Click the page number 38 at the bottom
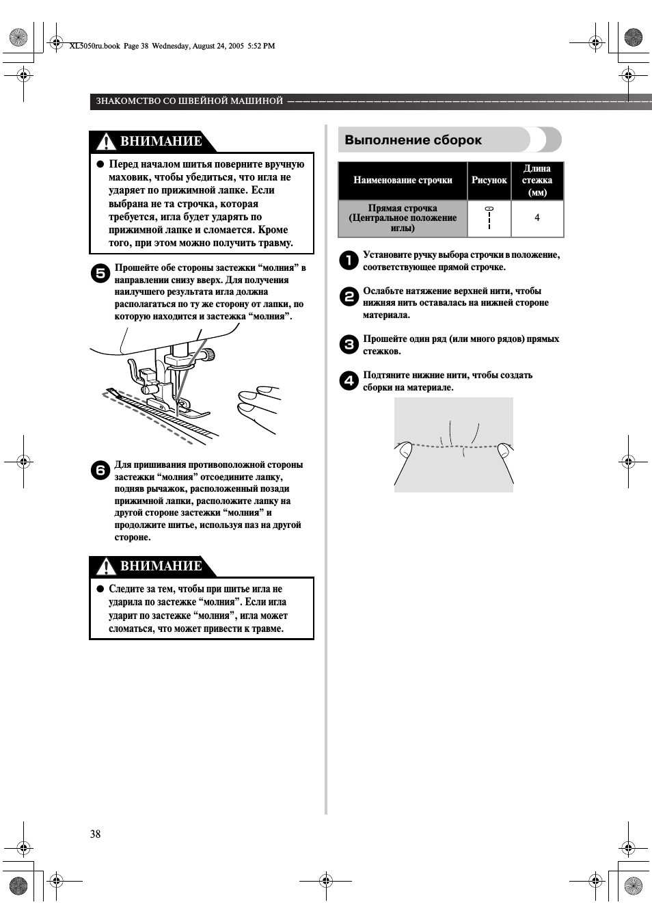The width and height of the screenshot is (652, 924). pos(95,834)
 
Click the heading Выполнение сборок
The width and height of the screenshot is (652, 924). pos(413,140)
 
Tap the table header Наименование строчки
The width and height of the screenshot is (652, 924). pos(403,181)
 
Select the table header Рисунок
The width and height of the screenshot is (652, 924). pos(489,181)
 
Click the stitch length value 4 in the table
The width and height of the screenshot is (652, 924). pos(537,218)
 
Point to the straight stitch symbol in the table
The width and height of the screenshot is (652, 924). pos(489,217)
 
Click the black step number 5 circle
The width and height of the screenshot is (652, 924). pos(100,273)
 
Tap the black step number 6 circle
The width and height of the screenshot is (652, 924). pos(100,470)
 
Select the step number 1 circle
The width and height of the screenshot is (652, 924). pos(349,260)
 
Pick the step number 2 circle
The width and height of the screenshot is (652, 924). pos(349,296)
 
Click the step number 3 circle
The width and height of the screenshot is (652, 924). pos(349,344)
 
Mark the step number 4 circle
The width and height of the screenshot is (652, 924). pos(349,380)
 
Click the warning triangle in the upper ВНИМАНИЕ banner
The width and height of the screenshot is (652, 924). pos(106,142)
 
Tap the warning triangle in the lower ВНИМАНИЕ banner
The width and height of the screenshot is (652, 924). pos(106,566)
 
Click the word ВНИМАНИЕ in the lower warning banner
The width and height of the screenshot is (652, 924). pos(161,566)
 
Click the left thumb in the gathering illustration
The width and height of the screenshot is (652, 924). pos(405,449)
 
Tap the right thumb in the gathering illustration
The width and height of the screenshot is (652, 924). pos(505,450)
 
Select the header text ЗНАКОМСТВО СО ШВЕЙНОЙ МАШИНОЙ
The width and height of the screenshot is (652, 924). pos(189,101)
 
